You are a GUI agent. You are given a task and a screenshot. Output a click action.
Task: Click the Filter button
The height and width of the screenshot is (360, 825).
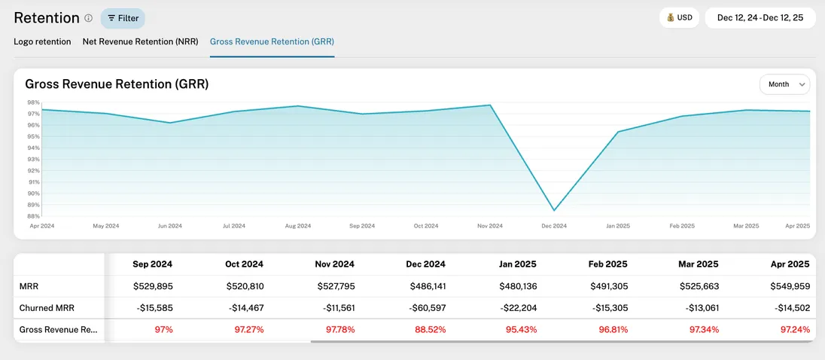click(123, 18)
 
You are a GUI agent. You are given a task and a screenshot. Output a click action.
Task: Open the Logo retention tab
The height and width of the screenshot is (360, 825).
click(42, 41)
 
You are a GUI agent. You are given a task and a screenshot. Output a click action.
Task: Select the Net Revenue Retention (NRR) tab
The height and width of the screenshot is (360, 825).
click(140, 41)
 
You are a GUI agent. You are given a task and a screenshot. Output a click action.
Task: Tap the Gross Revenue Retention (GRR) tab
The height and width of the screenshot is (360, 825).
click(272, 41)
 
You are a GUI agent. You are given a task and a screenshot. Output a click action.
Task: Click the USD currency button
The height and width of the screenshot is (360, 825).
click(679, 17)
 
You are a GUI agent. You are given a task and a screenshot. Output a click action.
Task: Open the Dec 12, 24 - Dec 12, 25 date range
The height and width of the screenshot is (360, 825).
click(760, 17)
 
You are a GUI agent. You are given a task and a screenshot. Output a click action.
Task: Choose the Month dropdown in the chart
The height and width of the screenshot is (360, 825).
click(784, 84)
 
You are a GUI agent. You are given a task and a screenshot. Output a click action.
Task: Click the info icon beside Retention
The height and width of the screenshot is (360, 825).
click(88, 18)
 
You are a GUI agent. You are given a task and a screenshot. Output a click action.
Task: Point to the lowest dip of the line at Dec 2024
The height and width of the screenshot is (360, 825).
click(555, 210)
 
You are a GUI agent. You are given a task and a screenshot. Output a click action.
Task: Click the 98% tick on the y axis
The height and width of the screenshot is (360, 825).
click(33, 102)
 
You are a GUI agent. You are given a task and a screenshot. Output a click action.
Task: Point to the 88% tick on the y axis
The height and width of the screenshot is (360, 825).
click(33, 216)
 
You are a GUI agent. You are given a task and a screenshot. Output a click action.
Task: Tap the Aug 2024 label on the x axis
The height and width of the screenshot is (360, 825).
click(298, 226)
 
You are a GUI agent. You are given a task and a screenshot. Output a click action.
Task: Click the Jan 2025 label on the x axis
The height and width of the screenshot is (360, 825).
click(618, 226)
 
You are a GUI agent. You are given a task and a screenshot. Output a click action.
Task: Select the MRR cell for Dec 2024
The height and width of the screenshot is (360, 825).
click(427, 286)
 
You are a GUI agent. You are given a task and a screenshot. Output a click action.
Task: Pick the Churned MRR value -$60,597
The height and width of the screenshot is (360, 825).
click(425, 308)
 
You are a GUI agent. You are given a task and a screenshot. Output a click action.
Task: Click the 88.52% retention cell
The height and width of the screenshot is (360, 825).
click(429, 330)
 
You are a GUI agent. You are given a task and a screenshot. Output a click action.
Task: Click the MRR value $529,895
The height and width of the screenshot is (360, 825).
click(154, 286)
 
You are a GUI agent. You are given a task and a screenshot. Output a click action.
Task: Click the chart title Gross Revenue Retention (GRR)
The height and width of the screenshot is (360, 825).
click(117, 84)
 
